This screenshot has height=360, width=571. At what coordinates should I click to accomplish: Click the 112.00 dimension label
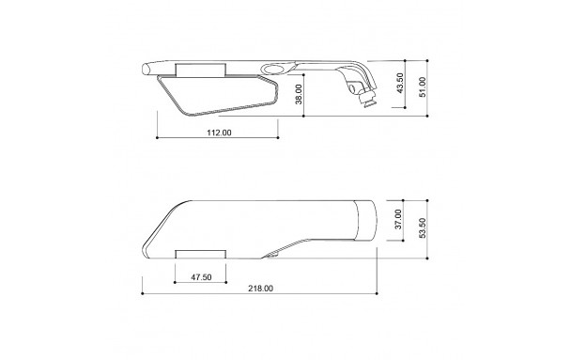click(219, 133)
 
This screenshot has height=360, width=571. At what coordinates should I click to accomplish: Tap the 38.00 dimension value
click(299, 94)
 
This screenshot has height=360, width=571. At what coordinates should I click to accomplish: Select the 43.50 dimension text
click(400, 83)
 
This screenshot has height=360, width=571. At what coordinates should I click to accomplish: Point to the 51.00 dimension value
click(423, 86)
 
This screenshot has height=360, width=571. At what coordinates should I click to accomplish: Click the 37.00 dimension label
click(398, 219)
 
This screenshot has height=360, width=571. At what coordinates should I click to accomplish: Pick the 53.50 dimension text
click(423, 228)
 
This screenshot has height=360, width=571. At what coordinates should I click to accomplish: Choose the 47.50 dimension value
click(201, 277)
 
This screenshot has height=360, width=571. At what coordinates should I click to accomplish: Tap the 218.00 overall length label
click(261, 289)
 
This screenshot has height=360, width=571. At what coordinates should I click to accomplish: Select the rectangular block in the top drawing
click(201, 70)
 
